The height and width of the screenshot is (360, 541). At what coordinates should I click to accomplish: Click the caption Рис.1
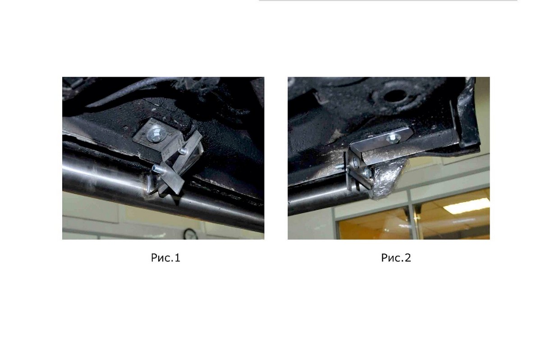pos(165,258)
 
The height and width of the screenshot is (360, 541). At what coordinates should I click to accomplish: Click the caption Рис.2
pos(396,258)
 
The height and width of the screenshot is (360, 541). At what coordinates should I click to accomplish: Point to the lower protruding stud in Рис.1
pos(158,169)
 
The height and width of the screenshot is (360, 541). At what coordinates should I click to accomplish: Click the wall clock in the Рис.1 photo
pos(190,234)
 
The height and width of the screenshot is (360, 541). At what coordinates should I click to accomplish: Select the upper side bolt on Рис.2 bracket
pos(355,162)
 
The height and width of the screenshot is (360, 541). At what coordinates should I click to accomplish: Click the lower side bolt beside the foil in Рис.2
pos(367,172)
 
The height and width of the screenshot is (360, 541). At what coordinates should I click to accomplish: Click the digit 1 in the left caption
pos(178,258)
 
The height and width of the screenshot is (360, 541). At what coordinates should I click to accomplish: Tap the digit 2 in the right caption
pos(408,258)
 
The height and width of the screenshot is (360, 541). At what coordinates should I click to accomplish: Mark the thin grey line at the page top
pos(388,1)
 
